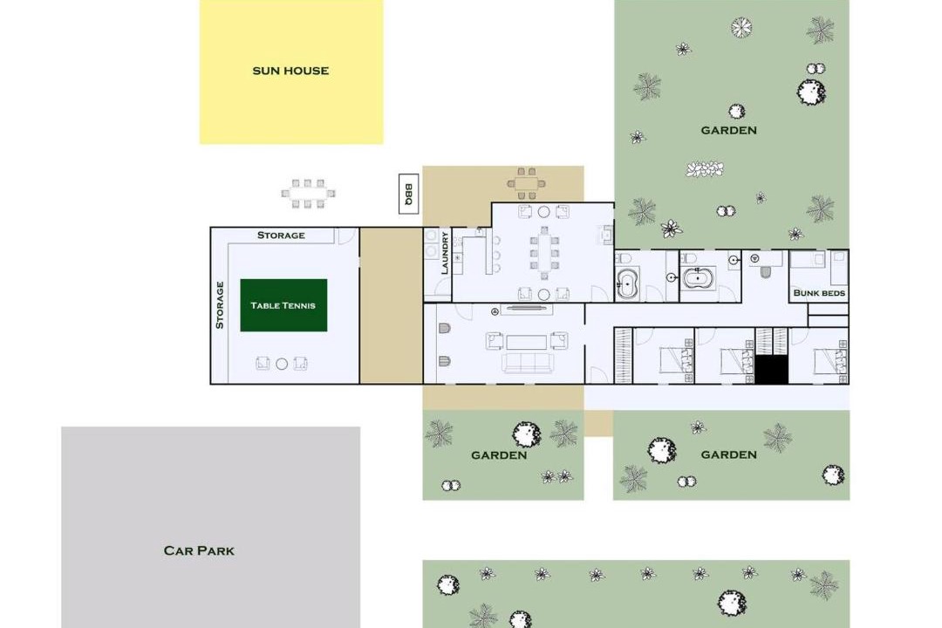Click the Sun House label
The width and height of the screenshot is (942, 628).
click(290, 71)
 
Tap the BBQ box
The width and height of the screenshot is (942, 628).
click(408, 194)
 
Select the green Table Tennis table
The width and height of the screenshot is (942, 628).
click(283, 305)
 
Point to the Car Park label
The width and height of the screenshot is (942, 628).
click(199, 550)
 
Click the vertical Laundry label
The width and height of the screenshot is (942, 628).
click(445, 253)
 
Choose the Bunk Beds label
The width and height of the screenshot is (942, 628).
click(819, 293)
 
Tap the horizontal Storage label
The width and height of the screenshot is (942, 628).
click(281, 235)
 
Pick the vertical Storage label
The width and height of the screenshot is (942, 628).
click(220, 305)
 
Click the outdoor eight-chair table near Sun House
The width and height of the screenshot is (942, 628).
click(308, 194)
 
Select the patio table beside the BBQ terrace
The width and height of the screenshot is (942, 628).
click(526, 184)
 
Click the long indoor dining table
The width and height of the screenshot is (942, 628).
click(543, 253)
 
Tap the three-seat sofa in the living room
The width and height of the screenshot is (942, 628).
click(527, 363)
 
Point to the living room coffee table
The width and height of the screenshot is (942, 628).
click(526, 342)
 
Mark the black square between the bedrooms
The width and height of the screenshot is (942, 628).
click(771, 370)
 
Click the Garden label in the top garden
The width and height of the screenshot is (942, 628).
click(728, 131)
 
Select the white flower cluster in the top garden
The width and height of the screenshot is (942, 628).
click(705, 169)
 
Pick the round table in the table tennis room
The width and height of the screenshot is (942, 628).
click(282, 364)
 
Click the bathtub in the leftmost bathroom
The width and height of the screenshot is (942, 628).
click(627, 284)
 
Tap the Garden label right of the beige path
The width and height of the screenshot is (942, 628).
click(728, 455)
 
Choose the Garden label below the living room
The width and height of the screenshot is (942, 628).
click(499, 455)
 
